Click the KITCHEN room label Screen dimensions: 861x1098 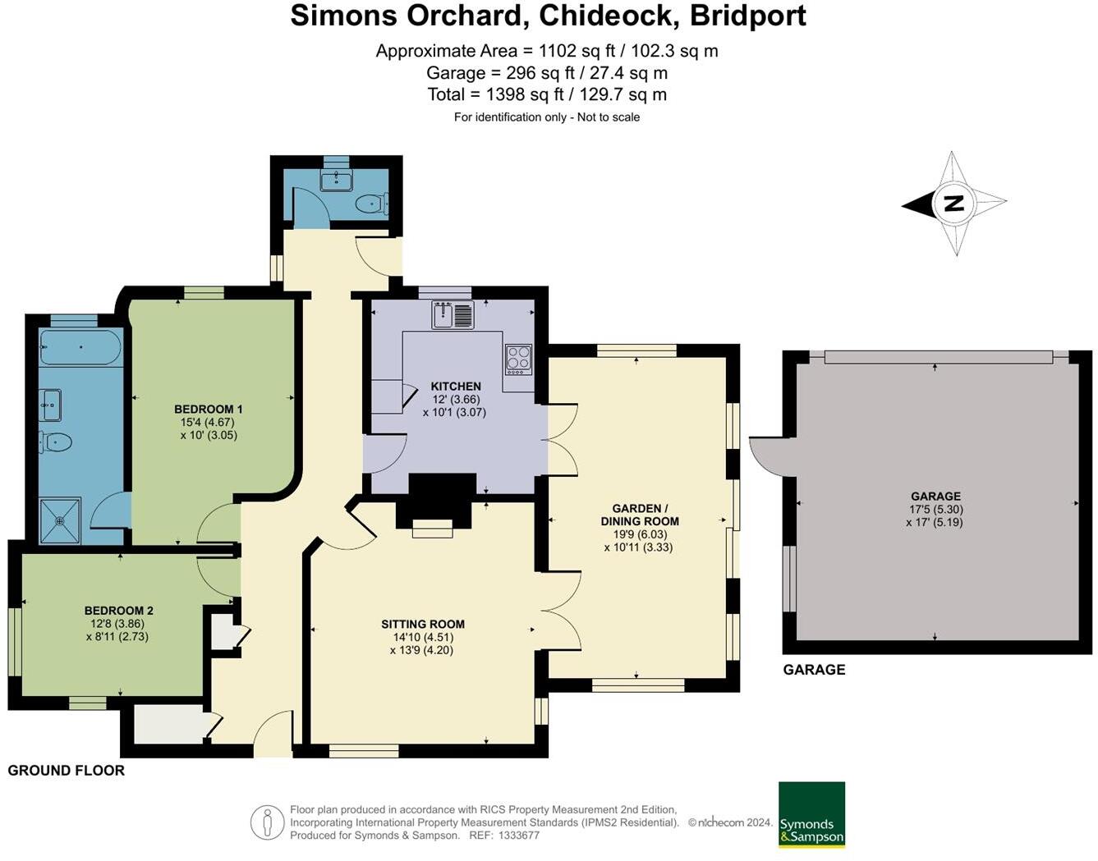456,386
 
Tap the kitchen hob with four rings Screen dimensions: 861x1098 518,359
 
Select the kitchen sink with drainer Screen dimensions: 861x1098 453,315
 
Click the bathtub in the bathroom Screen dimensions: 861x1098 80,348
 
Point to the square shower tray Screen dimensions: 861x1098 60,520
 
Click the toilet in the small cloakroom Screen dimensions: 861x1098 371,203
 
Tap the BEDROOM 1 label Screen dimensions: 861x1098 208,409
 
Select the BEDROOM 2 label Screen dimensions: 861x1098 118,611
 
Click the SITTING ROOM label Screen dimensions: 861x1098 422,624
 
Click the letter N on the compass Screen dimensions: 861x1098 953,203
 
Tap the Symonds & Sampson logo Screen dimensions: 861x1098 811,814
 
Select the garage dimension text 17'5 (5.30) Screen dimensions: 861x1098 935,509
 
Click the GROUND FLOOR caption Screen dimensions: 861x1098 67,770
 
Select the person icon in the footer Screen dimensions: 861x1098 267,822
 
